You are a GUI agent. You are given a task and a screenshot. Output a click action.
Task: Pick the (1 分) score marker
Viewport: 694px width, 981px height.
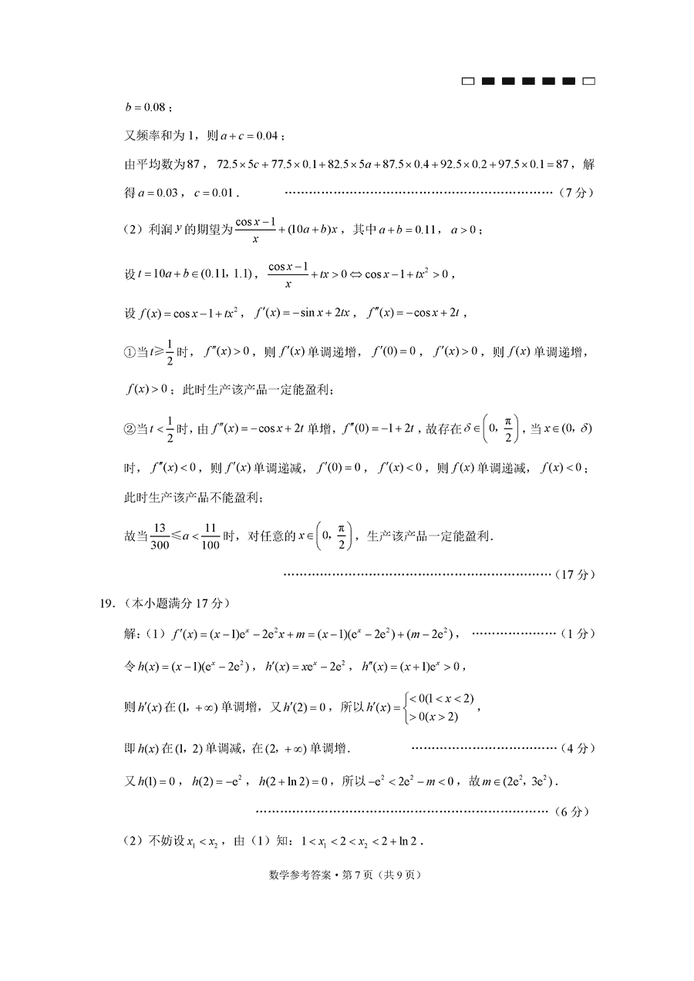click(x=574, y=633)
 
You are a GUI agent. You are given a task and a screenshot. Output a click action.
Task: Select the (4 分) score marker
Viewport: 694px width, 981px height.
click(x=574, y=748)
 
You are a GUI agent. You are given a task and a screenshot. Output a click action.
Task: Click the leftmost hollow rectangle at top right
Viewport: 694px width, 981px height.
click(x=468, y=81)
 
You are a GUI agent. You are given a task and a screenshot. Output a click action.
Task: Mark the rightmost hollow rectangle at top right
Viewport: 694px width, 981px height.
click(x=588, y=81)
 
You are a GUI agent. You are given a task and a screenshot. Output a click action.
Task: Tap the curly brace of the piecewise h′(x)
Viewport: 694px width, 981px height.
click(x=405, y=708)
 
